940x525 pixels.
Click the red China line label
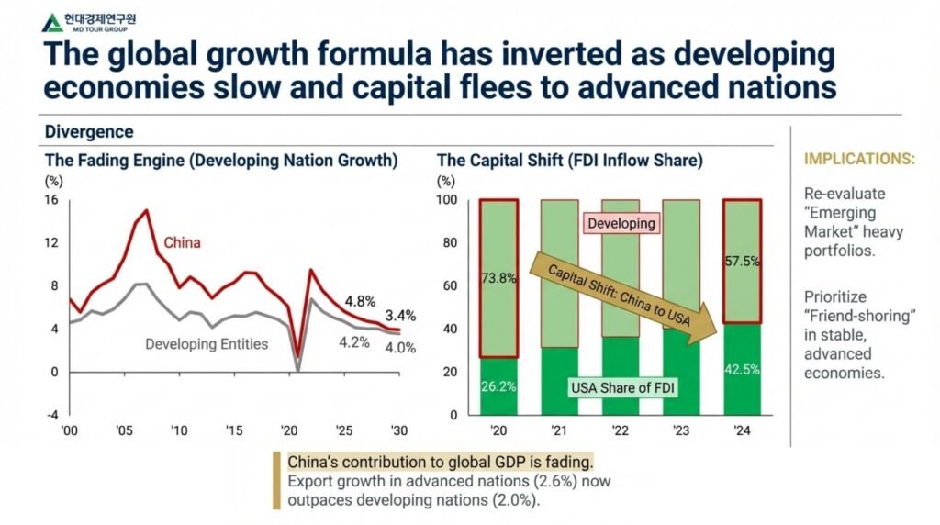pyautogui.click(x=182, y=243)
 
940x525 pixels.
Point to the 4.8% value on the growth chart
pyautogui.click(x=359, y=301)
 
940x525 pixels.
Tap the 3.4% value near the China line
pyautogui.click(x=398, y=316)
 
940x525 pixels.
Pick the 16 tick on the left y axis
pyautogui.click(x=51, y=200)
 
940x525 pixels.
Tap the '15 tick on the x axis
pyautogui.click(x=234, y=431)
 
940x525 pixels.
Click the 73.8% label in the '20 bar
pyautogui.click(x=498, y=278)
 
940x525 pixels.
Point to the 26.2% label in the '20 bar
pyautogui.click(x=498, y=386)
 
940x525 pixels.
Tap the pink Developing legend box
pyautogui.click(x=621, y=223)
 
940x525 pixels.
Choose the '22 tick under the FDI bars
pyautogui.click(x=621, y=431)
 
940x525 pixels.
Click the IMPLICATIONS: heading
pyautogui.click(x=859, y=159)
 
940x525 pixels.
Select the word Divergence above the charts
pyautogui.click(x=89, y=132)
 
